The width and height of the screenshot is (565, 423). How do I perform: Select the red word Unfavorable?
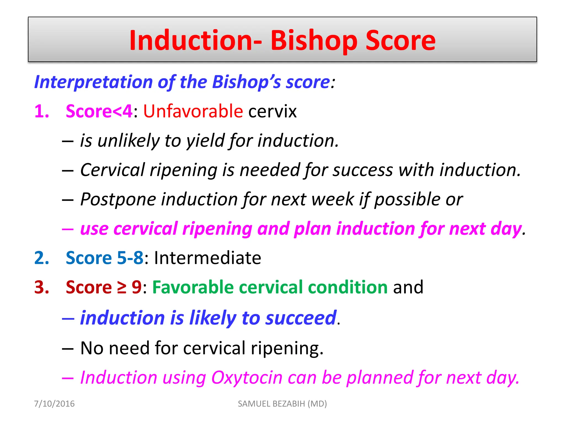[x=193, y=111]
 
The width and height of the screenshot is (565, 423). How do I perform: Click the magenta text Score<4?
[x=99, y=111]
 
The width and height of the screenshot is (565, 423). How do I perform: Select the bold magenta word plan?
[x=312, y=229]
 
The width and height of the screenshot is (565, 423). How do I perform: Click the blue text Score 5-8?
[x=105, y=258]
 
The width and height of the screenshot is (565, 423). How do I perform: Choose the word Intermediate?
[x=207, y=258]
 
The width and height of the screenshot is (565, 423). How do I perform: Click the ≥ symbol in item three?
[x=122, y=288]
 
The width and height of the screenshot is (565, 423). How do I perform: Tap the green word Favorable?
[x=193, y=288]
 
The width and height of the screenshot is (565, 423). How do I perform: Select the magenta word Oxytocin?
[x=247, y=378]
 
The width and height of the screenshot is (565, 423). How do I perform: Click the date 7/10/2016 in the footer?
[x=54, y=404]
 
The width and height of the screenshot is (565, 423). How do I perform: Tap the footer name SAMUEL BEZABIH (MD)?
[x=282, y=404]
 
